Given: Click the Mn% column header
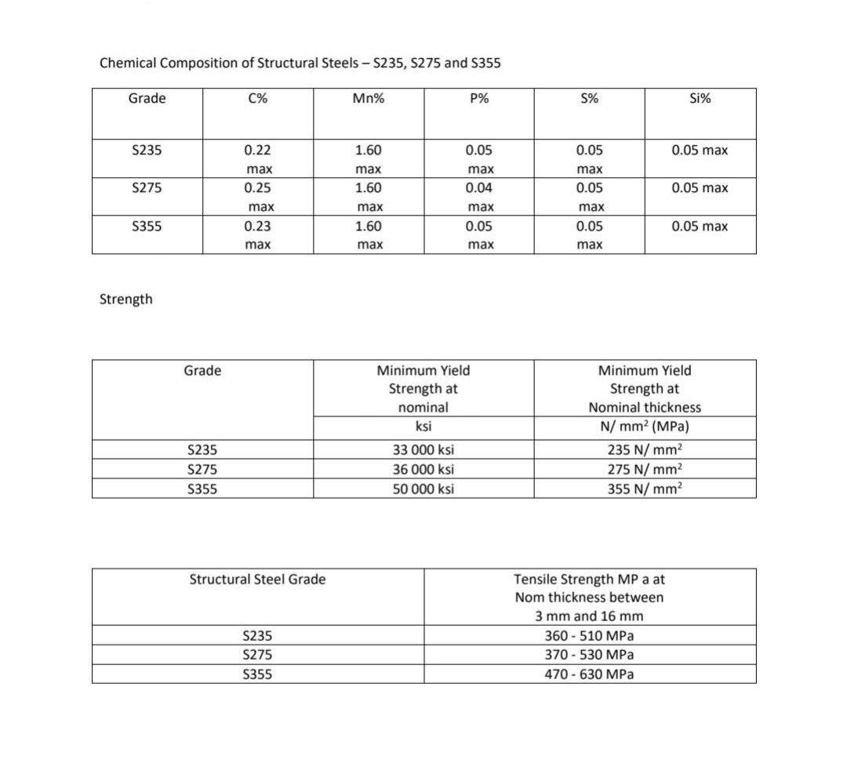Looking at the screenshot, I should coord(369,99).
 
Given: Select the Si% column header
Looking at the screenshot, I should coord(700,99).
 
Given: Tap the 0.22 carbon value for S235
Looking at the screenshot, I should coord(258,150).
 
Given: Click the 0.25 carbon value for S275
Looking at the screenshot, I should coord(258,188).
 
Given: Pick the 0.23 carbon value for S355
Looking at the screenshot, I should coord(258,227).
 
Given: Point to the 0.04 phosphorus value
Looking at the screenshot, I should coord(479,188).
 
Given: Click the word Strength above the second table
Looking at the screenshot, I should coord(126,300).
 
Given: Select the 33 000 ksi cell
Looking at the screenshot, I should coord(423,450).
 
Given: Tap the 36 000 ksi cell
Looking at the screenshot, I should coord(423,470).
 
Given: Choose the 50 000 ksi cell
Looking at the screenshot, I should coord(423,489).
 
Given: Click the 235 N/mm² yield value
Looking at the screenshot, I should coord(645,450).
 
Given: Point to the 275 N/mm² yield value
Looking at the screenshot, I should coord(645,470).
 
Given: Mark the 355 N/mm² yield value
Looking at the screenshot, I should coord(645,489).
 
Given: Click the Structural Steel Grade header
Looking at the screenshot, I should coord(257,580).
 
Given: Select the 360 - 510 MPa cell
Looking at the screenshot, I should coord(589,636).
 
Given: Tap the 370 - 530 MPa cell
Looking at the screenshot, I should coord(589,655).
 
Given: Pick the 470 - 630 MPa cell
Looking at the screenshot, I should coord(589,674).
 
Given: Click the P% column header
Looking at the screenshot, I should coord(479,99).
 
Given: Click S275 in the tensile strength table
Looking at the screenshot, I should coord(258,655).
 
